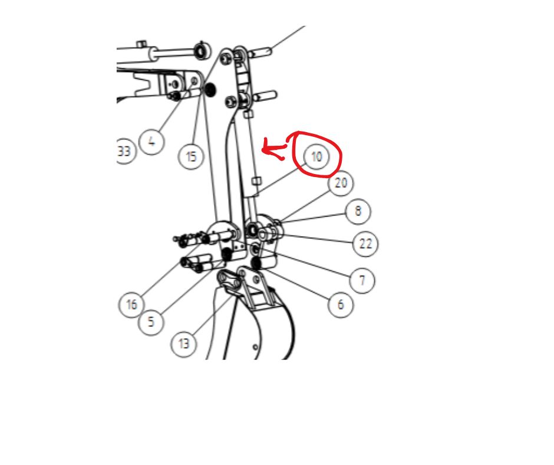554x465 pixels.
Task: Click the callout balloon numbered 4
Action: click(x=151, y=142)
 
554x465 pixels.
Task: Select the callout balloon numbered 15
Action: click(x=191, y=156)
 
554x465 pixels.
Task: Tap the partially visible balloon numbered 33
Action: click(x=124, y=151)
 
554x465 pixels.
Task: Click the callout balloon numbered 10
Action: click(x=316, y=156)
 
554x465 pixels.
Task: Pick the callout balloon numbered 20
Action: click(x=341, y=183)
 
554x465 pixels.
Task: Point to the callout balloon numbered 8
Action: click(x=358, y=211)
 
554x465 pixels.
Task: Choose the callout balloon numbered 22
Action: click(x=365, y=244)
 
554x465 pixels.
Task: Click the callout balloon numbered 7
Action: click(x=362, y=281)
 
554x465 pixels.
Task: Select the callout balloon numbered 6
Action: click(x=340, y=304)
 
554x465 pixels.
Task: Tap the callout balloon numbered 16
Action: click(x=131, y=304)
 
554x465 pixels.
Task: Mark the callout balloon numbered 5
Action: click(x=151, y=322)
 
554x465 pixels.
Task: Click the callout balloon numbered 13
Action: click(x=184, y=343)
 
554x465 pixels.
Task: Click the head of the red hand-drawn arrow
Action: click(x=263, y=150)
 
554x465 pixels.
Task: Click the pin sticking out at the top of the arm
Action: click(x=260, y=53)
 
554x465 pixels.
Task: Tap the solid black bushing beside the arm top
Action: click(x=210, y=90)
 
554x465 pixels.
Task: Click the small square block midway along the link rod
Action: click(x=257, y=181)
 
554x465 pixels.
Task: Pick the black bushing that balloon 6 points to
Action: click(x=256, y=263)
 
